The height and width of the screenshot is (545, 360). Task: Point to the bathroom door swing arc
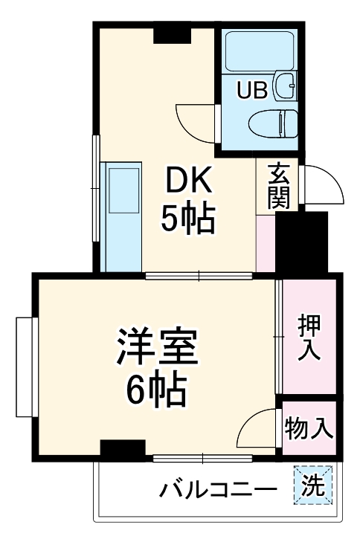pos(195,118)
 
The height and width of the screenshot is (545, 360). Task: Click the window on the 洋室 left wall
pos(24,368)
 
